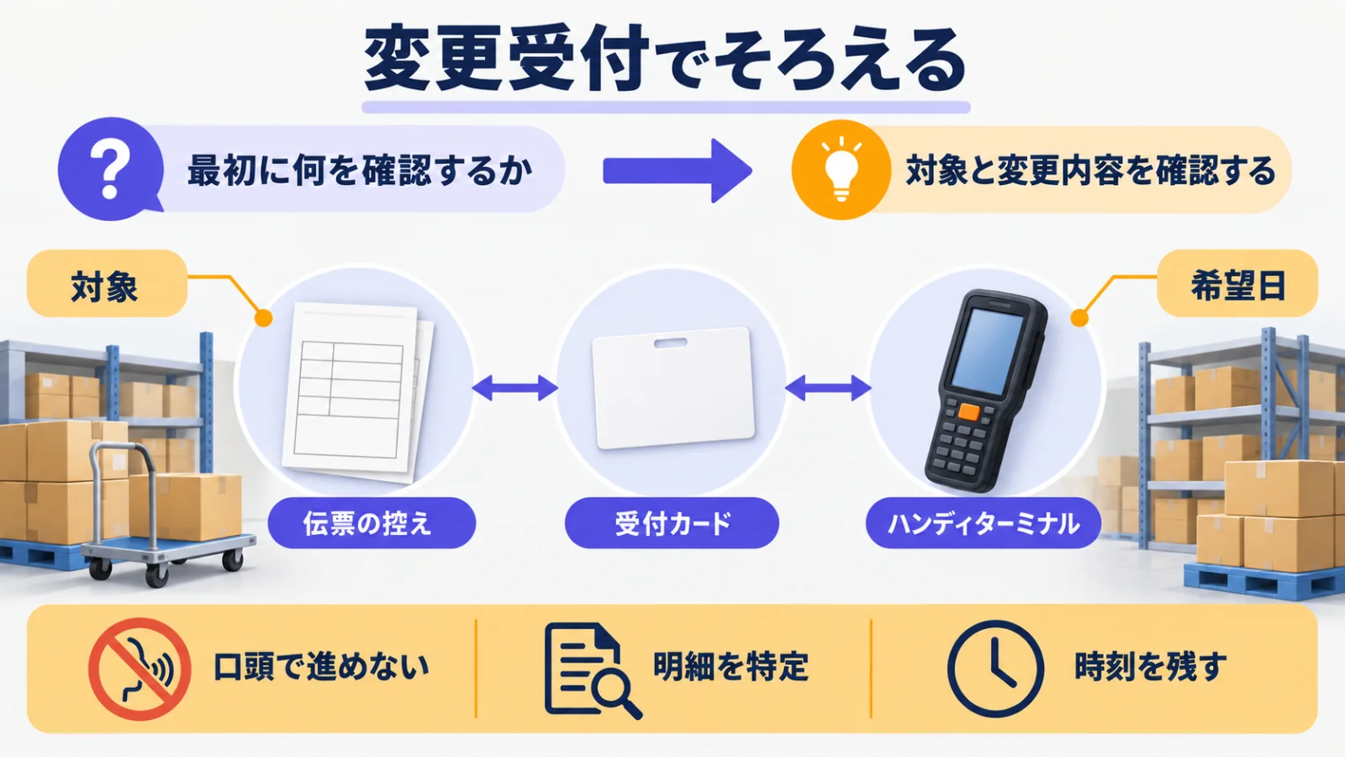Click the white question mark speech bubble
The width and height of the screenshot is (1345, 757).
pyautogui.click(x=110, y=169)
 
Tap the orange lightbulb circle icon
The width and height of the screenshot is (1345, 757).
pyautogui.click(x=841, y=169)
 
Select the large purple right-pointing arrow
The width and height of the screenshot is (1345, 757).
pyautogui.click(x=678, y=171)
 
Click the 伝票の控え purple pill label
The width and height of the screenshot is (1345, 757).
pyautogui.click(x=372, y=522)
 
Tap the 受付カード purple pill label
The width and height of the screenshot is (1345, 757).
pyautogui.click(x=672, y=522)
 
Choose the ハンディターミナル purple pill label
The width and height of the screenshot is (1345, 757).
pyautogui.click(x=983, y=522)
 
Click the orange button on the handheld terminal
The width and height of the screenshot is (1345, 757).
pyautogui.click(x=968, y=412)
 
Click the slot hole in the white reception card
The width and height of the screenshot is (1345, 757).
pyautogui.click(x=670, y=343)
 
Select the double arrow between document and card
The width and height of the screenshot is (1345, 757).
pyautogui.click(x=515, y=388)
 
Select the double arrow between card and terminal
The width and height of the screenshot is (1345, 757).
pyautogui.click(x=827, y=388)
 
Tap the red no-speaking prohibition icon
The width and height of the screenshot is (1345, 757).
pyautogui.click(x=140, y=669)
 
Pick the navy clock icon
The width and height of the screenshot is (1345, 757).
pyautogui.click(x=995, y=669)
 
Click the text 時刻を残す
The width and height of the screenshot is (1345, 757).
pyautogui.click(x=1150, y=667)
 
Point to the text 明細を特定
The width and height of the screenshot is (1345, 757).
pyautogui.click(x=731, y=667)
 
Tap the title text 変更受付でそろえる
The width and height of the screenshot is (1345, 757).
pyautogui.click(x=665, y=60)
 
